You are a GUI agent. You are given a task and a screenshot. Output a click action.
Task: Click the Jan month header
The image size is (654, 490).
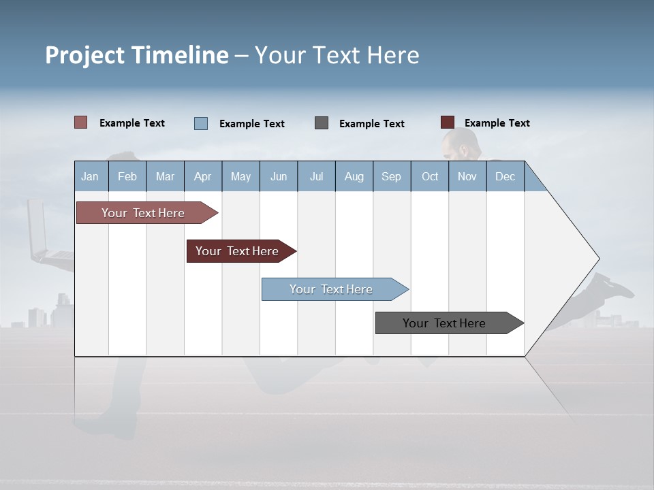91,176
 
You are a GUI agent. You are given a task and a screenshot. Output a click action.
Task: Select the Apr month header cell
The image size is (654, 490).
203,176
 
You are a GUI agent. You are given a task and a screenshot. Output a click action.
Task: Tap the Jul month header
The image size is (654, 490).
316,176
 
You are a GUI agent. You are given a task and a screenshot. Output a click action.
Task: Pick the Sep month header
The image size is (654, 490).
392,176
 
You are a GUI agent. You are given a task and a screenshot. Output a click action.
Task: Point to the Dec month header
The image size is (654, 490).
505,176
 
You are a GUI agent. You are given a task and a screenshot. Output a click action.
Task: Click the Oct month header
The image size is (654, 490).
430,176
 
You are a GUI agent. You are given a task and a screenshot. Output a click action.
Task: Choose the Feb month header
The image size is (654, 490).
127,176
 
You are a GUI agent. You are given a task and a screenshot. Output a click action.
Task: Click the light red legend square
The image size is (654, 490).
81,122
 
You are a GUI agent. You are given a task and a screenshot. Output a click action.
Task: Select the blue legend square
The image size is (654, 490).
201,123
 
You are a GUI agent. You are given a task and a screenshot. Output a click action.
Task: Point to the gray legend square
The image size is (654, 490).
322,123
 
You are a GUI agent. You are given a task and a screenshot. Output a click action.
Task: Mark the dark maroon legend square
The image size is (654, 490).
448,122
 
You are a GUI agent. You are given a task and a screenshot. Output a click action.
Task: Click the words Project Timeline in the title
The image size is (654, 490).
136,55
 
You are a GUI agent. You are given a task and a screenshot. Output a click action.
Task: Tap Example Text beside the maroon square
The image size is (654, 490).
497,123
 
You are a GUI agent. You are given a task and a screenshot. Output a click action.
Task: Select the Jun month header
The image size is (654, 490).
279,176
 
